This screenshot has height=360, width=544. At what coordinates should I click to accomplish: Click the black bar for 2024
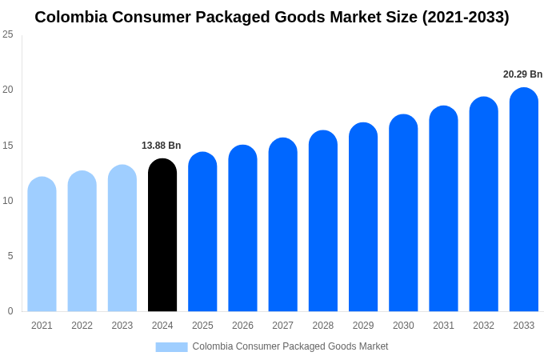162,235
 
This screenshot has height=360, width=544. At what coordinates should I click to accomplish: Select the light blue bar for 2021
42,244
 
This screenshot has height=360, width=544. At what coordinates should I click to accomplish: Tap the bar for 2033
523,200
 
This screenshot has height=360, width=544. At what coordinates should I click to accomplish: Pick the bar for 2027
282,225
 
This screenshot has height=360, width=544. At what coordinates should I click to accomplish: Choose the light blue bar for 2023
122,238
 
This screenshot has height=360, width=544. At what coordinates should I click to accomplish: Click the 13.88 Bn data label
162,146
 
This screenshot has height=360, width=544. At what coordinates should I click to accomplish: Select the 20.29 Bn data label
522,74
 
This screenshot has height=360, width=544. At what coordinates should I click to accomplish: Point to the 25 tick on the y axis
8,34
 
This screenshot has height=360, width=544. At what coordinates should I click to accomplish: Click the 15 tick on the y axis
8,145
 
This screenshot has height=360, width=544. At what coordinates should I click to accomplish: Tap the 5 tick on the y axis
10,256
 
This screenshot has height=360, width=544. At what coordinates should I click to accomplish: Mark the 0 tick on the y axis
10,311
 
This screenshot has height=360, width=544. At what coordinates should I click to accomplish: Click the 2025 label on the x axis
202,326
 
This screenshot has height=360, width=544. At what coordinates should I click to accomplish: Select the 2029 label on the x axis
363,326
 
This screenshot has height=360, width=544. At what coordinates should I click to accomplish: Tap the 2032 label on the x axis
483,326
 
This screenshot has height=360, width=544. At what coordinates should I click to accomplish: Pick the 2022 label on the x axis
82,326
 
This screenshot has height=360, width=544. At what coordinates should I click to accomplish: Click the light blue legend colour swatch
171,346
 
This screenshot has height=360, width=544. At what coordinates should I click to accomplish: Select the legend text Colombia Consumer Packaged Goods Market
290,346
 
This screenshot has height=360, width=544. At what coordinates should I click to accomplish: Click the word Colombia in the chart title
71,17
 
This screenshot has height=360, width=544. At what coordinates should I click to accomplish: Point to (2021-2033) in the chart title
466,17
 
